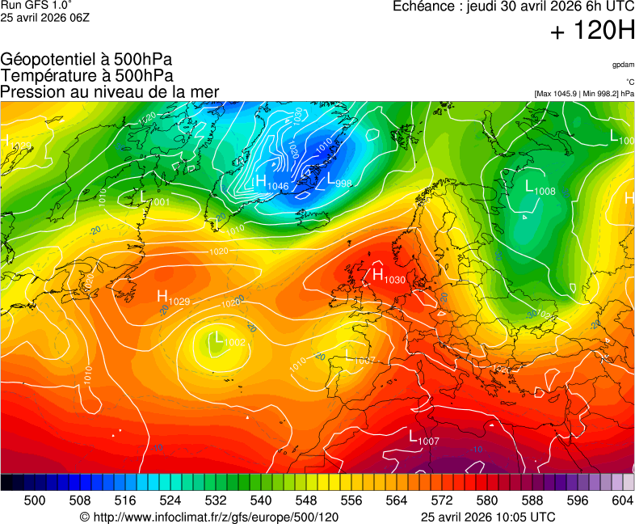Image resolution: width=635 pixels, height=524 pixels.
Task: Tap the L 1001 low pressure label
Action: click(154, 198)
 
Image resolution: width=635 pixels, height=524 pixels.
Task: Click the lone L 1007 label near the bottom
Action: click(423, 438)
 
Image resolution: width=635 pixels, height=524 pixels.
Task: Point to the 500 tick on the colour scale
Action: click(35, 501)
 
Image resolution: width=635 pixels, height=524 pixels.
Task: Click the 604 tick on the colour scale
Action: click(621, 501)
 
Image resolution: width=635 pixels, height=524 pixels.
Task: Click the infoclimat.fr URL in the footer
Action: click(209, 517)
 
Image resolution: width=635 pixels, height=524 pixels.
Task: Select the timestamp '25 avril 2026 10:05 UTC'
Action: click(488, 517)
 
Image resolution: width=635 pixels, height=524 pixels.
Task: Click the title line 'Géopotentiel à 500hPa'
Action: click(86, 60)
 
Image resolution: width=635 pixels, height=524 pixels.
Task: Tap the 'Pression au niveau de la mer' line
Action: click(110, 92)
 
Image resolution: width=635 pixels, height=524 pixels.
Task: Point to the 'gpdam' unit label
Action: click(623, 64)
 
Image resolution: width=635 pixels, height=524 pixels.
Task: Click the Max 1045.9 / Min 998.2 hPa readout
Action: click(584, 94)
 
